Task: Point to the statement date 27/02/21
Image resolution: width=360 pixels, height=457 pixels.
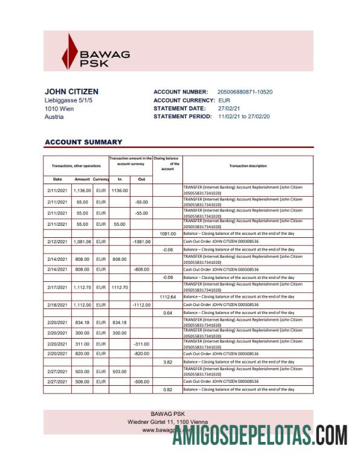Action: point(230,108)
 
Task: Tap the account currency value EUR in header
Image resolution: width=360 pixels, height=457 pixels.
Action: point(224,100)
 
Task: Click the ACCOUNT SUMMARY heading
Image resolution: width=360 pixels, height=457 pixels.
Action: point(83,142)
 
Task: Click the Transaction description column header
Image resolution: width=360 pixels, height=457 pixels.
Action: point(248,165)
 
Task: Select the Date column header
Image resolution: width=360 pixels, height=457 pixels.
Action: point(57,179)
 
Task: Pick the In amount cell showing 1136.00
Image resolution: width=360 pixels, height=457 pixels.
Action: point(120,190)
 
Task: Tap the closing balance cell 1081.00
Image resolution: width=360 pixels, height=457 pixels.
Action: point(167,233)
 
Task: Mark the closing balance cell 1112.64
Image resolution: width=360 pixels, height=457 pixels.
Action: point(167,297)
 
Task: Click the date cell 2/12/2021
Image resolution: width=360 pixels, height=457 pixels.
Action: point(57,241)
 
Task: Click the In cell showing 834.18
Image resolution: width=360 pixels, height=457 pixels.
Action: point(120,323)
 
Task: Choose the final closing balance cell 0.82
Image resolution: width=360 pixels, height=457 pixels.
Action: point(167,390)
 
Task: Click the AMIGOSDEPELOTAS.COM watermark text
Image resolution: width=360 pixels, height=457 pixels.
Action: point(260,436)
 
